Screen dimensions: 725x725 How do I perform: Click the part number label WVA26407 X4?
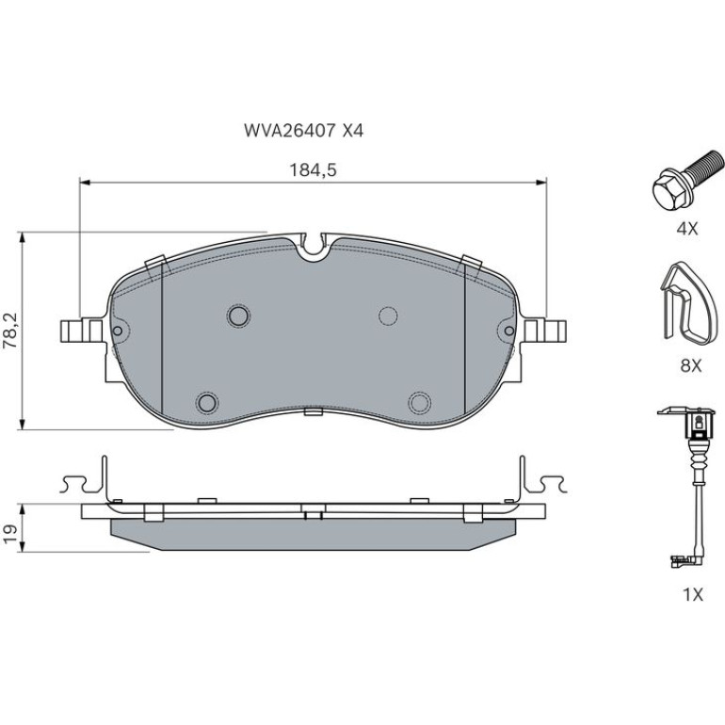pos(304,131)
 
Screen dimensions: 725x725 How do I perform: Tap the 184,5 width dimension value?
pos(313,170)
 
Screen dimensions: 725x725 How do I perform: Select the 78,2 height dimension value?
pos(10,330)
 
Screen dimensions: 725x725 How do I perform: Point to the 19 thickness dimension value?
pos(11,534)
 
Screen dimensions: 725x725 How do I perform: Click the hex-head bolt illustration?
pos(687,181)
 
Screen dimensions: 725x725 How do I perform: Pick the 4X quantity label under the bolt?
pos(687,229)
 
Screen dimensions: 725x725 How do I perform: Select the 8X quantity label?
pos(691,366)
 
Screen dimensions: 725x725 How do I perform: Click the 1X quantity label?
pos(693,594)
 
